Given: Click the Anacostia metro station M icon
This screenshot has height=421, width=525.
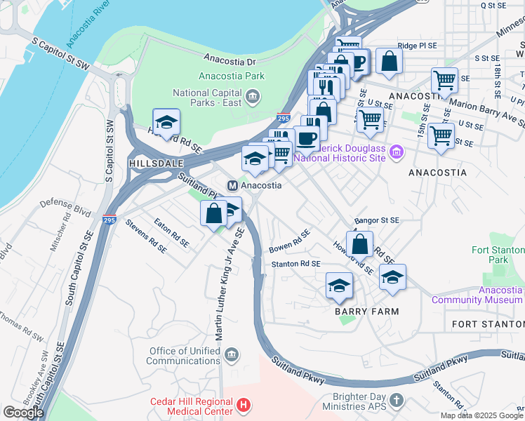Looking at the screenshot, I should coord(232,185).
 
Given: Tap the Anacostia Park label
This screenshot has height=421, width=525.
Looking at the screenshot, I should coord(231,76).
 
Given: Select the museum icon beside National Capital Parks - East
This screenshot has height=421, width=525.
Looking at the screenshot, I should coord(252,94).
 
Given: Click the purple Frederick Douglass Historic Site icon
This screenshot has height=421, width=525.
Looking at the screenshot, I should coord(397,152).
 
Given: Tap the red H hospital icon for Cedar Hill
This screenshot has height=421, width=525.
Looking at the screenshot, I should coord(244,405).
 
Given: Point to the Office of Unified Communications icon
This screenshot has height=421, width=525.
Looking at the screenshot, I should coord(232,355).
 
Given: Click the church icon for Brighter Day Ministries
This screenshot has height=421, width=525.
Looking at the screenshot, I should coord(397,400).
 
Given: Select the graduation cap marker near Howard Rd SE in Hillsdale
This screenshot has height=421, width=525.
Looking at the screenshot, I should coord(166,123).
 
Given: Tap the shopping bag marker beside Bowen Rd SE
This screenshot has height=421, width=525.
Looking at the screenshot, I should coord(359,244).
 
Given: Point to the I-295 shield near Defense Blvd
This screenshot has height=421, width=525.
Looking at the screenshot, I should coord(109,219).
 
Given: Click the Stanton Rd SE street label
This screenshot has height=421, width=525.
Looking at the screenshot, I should coord(295,264).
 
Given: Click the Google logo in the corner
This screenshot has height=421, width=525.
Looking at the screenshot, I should coord(24,412).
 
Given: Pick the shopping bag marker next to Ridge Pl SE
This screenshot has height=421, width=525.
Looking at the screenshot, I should coord(388,62).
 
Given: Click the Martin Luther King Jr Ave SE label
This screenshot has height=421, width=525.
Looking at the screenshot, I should coord(230,284).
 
